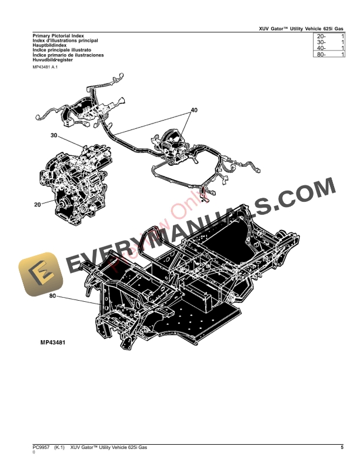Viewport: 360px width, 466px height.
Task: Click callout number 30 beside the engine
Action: [54, 136]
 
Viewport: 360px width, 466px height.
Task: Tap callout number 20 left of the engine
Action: [38, 205]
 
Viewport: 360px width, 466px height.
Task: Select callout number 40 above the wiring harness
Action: [194, 110]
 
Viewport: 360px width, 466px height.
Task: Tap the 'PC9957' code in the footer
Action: [42, 448]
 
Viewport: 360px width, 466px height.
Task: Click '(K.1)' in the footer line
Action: [59, 448]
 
